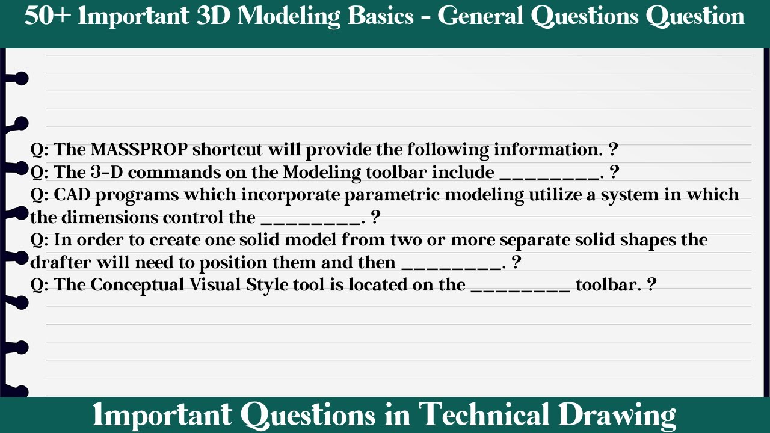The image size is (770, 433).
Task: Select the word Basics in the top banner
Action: [x=376, y=16]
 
